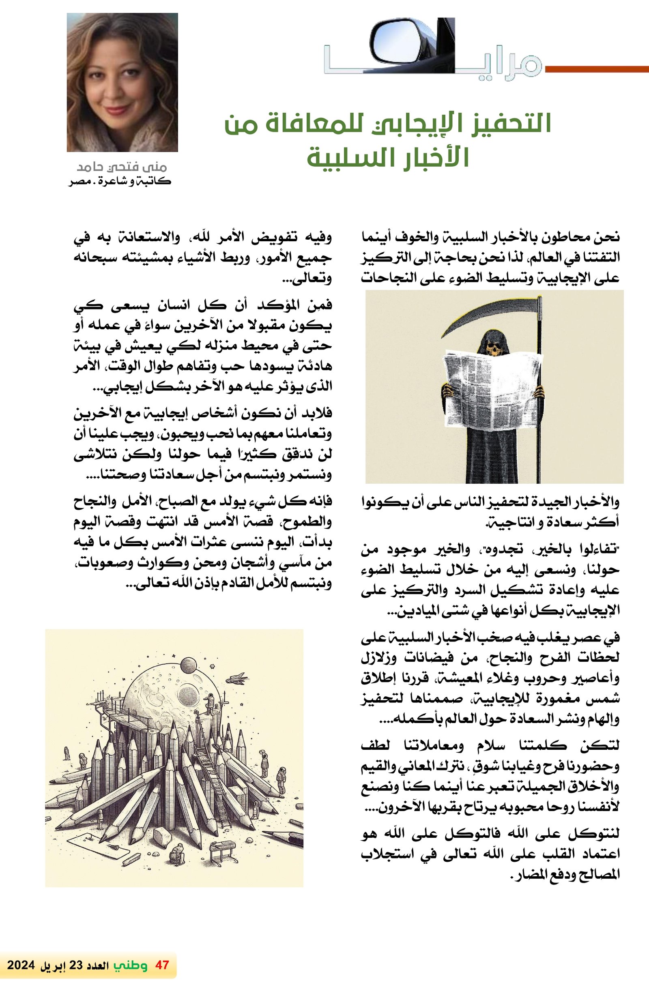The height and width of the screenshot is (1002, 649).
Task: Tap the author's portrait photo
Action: [122, 82]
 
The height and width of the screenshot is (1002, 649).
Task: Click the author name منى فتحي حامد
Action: [122, 167]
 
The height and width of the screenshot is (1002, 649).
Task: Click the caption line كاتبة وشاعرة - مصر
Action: [120, 182]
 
